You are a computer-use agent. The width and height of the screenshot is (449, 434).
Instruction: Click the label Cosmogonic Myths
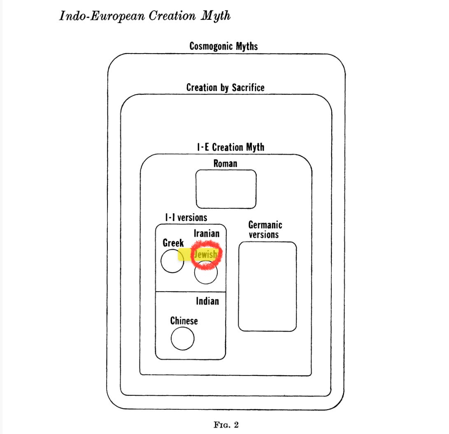[223, 46]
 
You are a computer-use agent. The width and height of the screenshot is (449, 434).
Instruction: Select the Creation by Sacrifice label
[225, 87]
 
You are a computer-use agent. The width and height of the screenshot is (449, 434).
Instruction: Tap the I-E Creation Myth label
[230, 147]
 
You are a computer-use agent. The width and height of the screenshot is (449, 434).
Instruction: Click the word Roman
[225, 163]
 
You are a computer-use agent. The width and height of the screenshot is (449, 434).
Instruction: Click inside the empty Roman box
[226, 189]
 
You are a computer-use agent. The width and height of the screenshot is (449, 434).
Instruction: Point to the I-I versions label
[186, 217]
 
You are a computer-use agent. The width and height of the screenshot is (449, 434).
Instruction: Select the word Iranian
[207, 233]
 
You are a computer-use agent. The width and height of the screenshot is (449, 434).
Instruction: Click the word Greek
[173, 243]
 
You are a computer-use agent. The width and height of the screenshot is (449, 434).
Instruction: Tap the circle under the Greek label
[172, 261]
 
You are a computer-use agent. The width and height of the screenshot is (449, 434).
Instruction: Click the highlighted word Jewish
[205, 254]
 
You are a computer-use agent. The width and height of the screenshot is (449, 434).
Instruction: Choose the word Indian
[207, 301]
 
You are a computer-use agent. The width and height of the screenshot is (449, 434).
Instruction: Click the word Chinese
[184, 320]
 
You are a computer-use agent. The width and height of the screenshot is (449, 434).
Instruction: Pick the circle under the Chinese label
[182, 339]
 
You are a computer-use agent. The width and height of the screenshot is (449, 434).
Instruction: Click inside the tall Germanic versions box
[267, 286]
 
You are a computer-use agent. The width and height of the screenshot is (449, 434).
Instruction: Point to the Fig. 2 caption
[225, 425]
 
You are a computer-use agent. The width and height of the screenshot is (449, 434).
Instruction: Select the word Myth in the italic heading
[216, 16]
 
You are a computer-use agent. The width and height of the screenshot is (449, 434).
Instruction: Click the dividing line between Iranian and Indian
[191, 292]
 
